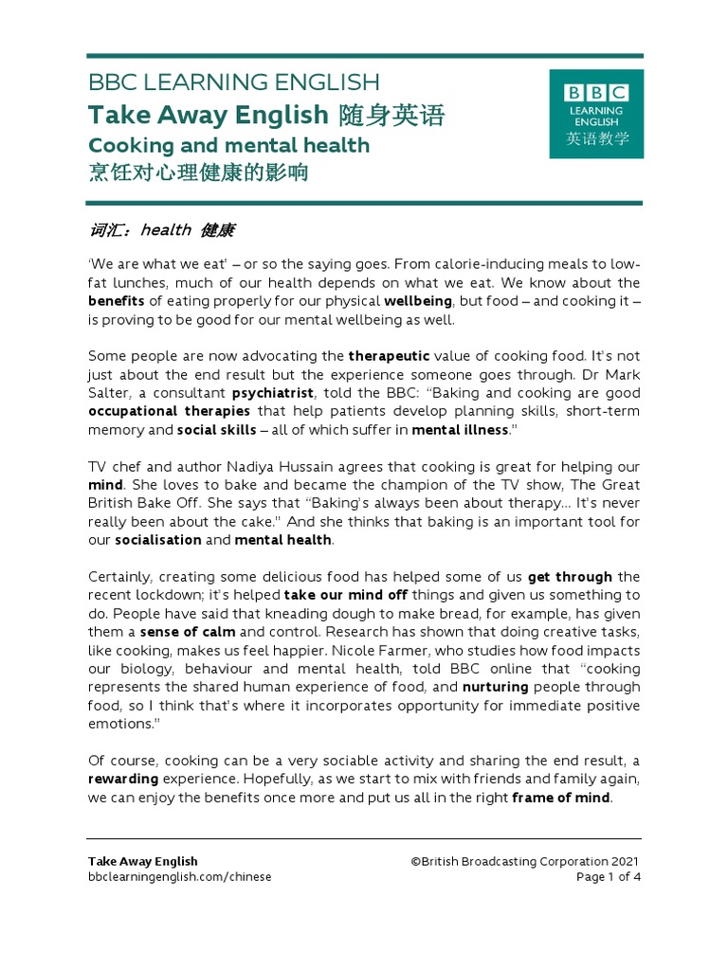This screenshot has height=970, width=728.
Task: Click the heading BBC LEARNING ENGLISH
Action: (233, 82)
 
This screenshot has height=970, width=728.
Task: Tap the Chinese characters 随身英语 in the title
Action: (391, 116)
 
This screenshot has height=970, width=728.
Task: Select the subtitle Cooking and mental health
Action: (228, 146)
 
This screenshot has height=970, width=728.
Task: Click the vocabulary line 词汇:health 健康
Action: (160, 230)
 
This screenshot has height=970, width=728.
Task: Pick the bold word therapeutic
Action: (389, 356)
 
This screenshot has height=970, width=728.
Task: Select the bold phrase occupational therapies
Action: (169, 411)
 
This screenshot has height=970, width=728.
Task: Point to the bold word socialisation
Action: (157, 540)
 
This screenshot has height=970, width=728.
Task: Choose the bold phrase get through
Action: (570, 577)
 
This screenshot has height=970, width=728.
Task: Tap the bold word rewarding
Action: (123, 780)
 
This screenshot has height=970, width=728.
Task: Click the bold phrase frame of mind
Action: (561, 798)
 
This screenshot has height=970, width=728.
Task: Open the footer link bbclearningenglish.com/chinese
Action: (179, 877)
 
